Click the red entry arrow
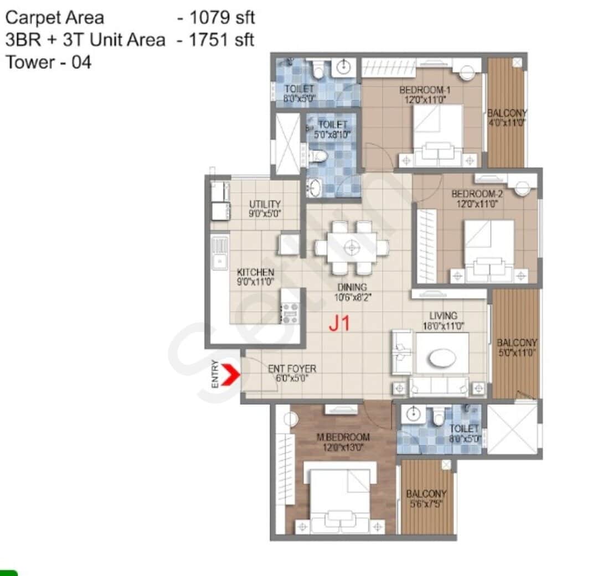pyautogui.click(x=233, y=375)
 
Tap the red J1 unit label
pyautogui.click(x=339, y=323)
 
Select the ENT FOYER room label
pyautogui.click(x=292, y=369)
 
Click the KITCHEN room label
pyautogui.click(x=255, y=272)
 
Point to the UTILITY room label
pyautogui.click(x=265, y=204)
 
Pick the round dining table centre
pyautogui.click(x=352, y=247)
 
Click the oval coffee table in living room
pyautogui.click(x=442, y=359)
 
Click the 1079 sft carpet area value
pyautogui.click(x=222, y=18)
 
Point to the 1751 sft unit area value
pyautogui.click(x=222, y=40)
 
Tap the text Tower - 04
pyautogui.click(x=48, y=62)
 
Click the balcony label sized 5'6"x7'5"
pyautogui.click(x=426, y=494)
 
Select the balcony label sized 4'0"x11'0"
pyautogui.click(x=507, y=113)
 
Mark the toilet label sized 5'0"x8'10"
pyautogui.click(x=332, y=125)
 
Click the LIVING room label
pyautogui.click(x=443, y=316)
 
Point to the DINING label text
pyautogui.click(x=352, y=287)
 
